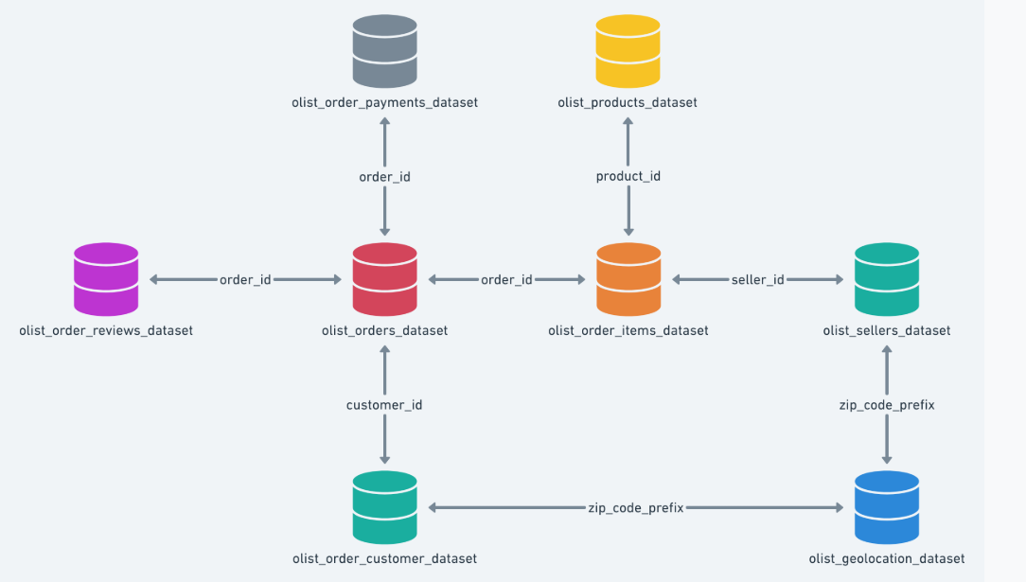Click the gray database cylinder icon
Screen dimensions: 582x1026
[x=385, y=51]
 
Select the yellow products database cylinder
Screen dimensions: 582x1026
[x=628, y=51]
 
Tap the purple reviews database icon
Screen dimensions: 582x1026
[x=106, y=279]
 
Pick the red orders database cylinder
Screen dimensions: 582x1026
[x=385, y=279]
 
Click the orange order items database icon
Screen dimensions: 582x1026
[x=628, y=279]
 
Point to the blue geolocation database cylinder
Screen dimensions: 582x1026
[x=887, y=507]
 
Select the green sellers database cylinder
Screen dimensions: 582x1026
[x=887, y=279]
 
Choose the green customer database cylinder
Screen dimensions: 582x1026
[x=385, y=507]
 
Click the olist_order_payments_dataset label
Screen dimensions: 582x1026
[x=385, y=102]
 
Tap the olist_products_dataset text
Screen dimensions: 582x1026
[x=628, y=102]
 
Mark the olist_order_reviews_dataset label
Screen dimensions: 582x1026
[x=106, y=330]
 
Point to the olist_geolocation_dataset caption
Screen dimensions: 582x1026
[x=887, y=558]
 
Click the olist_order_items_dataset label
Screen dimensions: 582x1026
[x=628, y=330]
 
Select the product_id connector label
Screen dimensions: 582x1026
[x=628, y=177]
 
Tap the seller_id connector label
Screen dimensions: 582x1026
[x=758, y=279]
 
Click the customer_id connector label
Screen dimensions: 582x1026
[x=384, y=405]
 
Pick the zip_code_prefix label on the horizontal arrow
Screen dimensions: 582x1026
[x=635, y=508]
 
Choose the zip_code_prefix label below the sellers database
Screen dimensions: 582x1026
[x=887, y=405]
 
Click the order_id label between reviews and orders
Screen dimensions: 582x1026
[x=245, y=279]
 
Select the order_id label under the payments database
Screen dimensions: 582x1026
[x=385, y=177]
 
